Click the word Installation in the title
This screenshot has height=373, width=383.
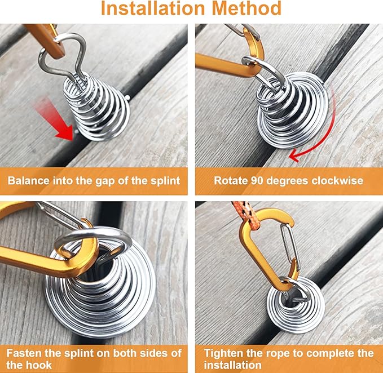(153, 8)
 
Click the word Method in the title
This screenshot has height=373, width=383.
(246, 8)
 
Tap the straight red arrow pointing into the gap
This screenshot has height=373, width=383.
(53, 119)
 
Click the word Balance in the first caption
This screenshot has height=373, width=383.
(29, 181)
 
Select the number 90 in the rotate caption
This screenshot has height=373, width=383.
(257, 181)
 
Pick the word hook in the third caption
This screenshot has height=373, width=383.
(39, 365)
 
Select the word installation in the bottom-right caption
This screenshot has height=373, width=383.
(233, 365)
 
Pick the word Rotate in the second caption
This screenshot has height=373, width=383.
(231, 181)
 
